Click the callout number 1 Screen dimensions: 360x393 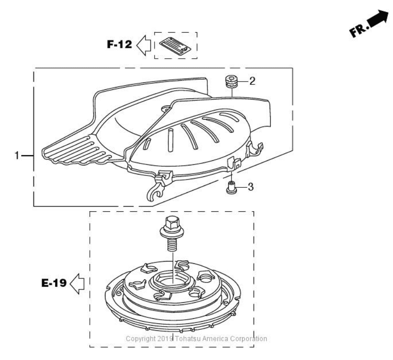click(x=17, y=156)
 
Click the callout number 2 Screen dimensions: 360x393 click(x=252, y=81)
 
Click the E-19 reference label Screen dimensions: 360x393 click(x=51, y=284)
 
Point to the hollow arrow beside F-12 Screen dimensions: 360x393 click(x=144, y=46)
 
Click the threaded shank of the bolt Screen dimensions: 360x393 click(x=172, y=242)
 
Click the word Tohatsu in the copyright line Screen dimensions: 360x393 click(x=188, y=339)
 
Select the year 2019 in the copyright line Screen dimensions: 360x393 click(x=166, y=339)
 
